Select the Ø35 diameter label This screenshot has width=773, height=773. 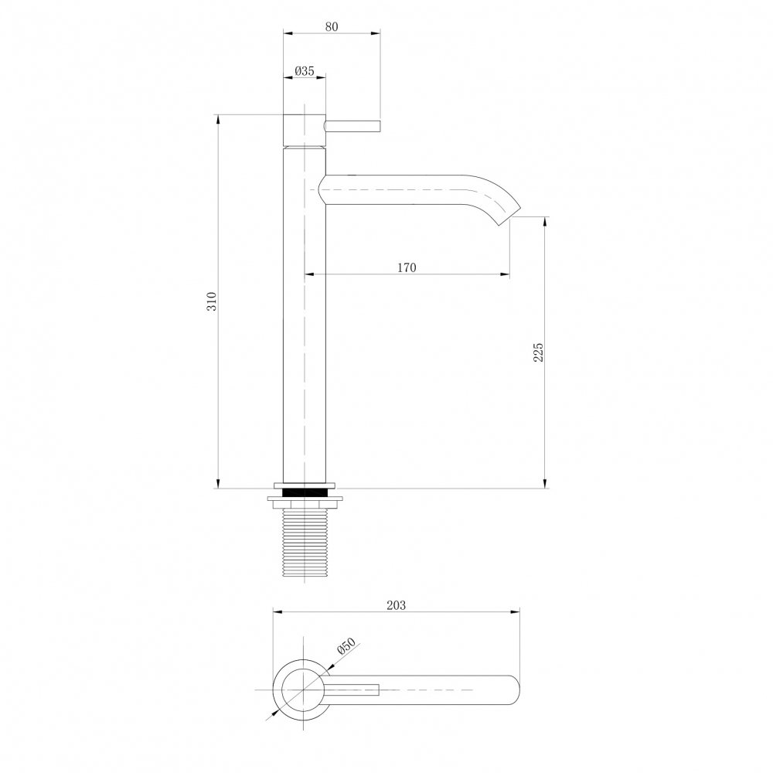(305, 70)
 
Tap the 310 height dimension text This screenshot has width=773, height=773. (211, 301)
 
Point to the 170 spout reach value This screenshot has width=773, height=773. (407, 267)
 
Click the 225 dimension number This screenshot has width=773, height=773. (539, 352)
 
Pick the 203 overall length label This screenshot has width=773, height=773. (396, 605)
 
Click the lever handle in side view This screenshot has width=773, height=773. (354, 126)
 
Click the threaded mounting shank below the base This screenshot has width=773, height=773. (304, 542)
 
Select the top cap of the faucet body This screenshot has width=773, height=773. (304, 129)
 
